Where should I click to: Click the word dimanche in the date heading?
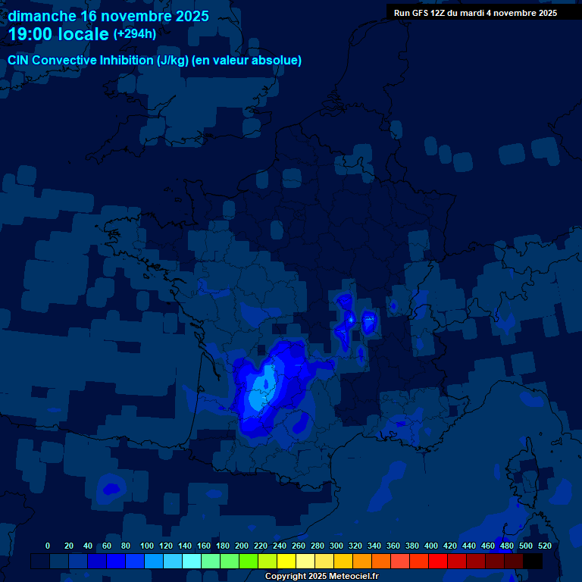pos(42,16)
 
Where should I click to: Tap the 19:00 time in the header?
pos(30,34)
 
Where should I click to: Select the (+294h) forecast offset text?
pos(134,33)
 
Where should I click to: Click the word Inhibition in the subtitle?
pos(127,61)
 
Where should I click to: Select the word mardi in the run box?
pos(479,13)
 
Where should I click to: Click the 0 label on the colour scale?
pos(48,546)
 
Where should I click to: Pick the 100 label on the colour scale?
pos(147,546)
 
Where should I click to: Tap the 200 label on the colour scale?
pos(242,546)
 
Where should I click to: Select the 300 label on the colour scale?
pos(336,546)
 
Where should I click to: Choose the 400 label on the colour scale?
pos(431,546)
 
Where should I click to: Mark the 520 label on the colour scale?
pos(544,546)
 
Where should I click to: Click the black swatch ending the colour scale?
pos(533,561)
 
